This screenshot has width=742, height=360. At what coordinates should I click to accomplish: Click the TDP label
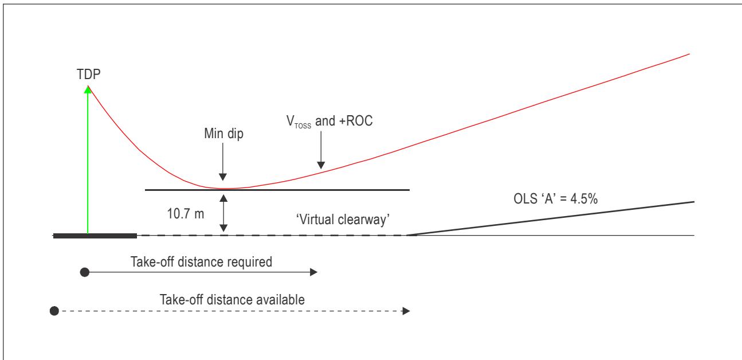click(x=88, y=75)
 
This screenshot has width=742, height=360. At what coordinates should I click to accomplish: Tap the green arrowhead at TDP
click(x=88, y=89)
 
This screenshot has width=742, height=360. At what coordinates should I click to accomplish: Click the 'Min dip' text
click(x=223, y=134)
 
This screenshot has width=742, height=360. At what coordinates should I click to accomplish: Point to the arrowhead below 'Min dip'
click(x=223, y=177)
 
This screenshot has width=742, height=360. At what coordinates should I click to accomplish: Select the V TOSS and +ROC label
click(x=329, y=122)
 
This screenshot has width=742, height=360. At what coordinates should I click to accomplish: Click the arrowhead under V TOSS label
click(x=321, y=165)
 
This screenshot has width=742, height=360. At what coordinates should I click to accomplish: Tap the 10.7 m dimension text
click(x=186, y=214)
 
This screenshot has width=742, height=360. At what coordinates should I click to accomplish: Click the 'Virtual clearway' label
click(x=343, y=220)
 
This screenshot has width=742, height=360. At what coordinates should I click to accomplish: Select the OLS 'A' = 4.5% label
click(x=556, y=199)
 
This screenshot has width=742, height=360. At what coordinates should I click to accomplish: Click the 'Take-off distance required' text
click(x=201, y=262)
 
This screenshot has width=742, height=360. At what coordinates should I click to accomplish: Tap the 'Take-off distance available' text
click(x=232, y=300)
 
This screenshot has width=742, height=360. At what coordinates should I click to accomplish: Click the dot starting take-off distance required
click(x=85, y=272)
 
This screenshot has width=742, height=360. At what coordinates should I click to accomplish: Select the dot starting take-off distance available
click(x=54, y=311)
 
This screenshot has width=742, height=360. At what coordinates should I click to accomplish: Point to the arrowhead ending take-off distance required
click(x=313, y=272)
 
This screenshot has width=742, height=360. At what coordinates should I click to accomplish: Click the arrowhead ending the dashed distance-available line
click(x=406, y=311)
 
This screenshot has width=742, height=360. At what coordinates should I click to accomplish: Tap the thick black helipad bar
click(x=95, y=236)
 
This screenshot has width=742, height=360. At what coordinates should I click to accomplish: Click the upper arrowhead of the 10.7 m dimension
click(x=223, y=198)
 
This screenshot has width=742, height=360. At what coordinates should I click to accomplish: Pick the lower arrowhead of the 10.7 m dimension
click(x=223, y=228)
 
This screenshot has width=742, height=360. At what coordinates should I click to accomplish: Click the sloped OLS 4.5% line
click(x=550, y=218)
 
